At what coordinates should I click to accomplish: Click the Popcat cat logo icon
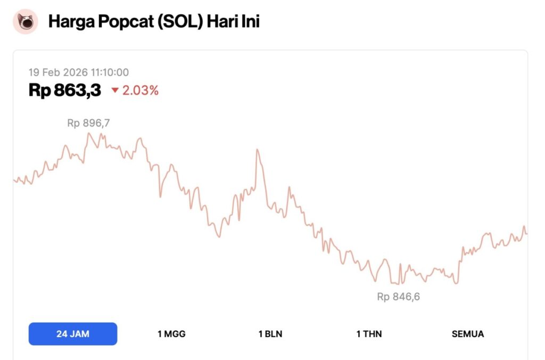(25, 22)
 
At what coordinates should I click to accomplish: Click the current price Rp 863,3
(65, 91)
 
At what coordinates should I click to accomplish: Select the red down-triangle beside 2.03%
(115, 91)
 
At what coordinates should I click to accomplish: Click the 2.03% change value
(141, 91)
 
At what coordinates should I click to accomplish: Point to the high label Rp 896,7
(88, 123)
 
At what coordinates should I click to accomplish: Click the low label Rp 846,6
(399, 297)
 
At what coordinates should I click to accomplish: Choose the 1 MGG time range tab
(171, 334)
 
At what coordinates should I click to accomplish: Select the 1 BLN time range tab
(270, 334)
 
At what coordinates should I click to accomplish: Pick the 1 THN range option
(369, 334)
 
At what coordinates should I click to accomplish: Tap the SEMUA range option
(468, 334)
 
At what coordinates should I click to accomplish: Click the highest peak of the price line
(88, 133)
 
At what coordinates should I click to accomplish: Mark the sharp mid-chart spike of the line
(257, 150)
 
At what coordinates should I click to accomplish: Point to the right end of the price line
(526, 233)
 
